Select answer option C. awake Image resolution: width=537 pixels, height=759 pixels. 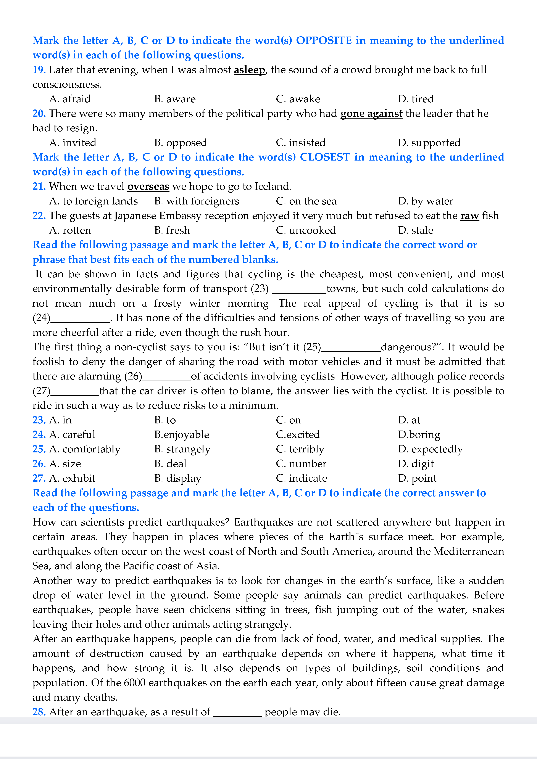click(298, 99)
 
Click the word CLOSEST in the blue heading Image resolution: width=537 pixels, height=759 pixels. click(325, 157)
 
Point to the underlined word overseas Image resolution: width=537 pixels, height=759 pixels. click(148, 187)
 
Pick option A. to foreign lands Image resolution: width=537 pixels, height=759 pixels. click(93, 201)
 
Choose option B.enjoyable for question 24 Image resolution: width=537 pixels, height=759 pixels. click(182, 434)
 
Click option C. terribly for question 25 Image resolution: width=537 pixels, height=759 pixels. click(300, 449)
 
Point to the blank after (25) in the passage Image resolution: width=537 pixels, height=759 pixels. click(351, 348)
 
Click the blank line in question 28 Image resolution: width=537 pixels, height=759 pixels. click(237, 713)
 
